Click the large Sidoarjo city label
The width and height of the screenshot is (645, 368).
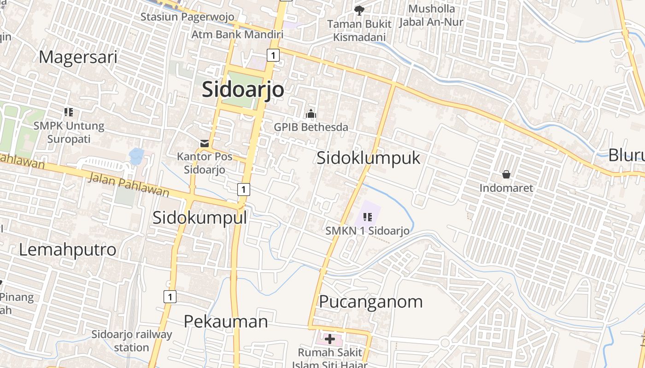243,89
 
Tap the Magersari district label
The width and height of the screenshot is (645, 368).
78,57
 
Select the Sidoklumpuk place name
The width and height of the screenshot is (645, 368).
368,158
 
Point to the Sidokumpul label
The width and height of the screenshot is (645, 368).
199,217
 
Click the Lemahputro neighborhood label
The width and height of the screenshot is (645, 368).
67,249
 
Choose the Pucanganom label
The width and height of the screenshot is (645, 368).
370,302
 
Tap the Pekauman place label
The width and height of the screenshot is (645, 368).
226,321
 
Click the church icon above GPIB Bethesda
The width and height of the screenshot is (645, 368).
311,113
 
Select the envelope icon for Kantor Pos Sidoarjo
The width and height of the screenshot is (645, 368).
205,144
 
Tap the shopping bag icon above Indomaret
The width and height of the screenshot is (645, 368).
506,174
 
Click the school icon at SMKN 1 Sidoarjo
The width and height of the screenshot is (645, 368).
367,217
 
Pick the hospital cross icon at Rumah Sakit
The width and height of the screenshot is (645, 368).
329,339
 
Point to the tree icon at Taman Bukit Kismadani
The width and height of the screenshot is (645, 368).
359,10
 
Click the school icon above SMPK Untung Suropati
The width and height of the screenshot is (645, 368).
69,112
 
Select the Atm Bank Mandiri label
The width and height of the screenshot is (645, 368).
237,34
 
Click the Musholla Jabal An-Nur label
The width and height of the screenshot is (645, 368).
431,15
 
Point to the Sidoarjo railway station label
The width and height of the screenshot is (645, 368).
131,340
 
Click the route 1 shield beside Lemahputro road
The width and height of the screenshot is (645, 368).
170,297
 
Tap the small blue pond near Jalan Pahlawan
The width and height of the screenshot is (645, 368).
136,156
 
